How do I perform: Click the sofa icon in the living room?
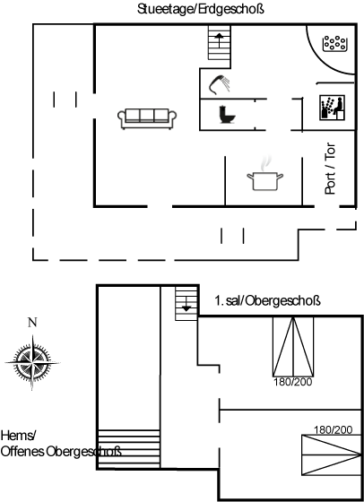tap(147, 118)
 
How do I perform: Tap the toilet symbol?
tap(228, 115)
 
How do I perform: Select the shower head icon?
tap(220, 84)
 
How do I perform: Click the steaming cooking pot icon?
tap(265, 175)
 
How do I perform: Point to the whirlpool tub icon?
tap(335, 44)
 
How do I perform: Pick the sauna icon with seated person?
tap(333, 108)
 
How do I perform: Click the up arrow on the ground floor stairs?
tap(219, 39)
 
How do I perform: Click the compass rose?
tap(32, 362)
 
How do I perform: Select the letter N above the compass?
tap(32, 323)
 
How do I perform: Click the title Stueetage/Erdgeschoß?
tap(201, 9)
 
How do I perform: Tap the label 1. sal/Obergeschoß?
tap(268, 301)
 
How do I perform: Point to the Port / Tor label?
tap(331, 169)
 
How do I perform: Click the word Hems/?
tap(19, 436)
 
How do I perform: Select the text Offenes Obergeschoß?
tap(61, 452)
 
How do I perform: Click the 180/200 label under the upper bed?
tap(292, 382)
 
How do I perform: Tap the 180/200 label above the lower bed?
tap(333, 430)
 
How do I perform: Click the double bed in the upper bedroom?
tap(293, 346)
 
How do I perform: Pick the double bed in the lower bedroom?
tap(332, 455)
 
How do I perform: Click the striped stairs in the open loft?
tap(129, 449)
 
